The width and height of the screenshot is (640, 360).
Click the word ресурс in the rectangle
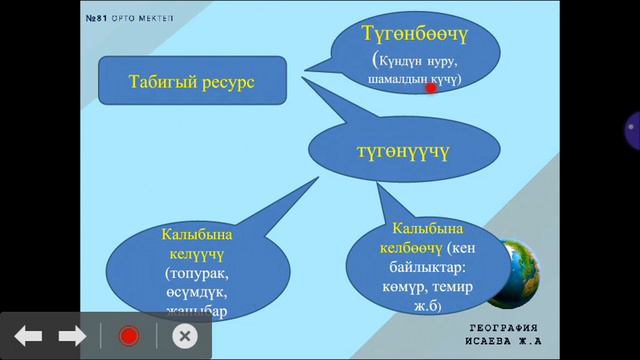[226, 81]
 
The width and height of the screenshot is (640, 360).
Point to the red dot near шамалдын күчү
[431, 89]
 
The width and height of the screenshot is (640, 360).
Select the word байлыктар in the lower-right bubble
[418, 266]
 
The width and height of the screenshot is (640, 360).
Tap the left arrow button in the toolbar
[28, 336]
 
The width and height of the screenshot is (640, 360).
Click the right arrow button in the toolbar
[72, 336]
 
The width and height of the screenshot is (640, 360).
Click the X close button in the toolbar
[183, 336]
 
